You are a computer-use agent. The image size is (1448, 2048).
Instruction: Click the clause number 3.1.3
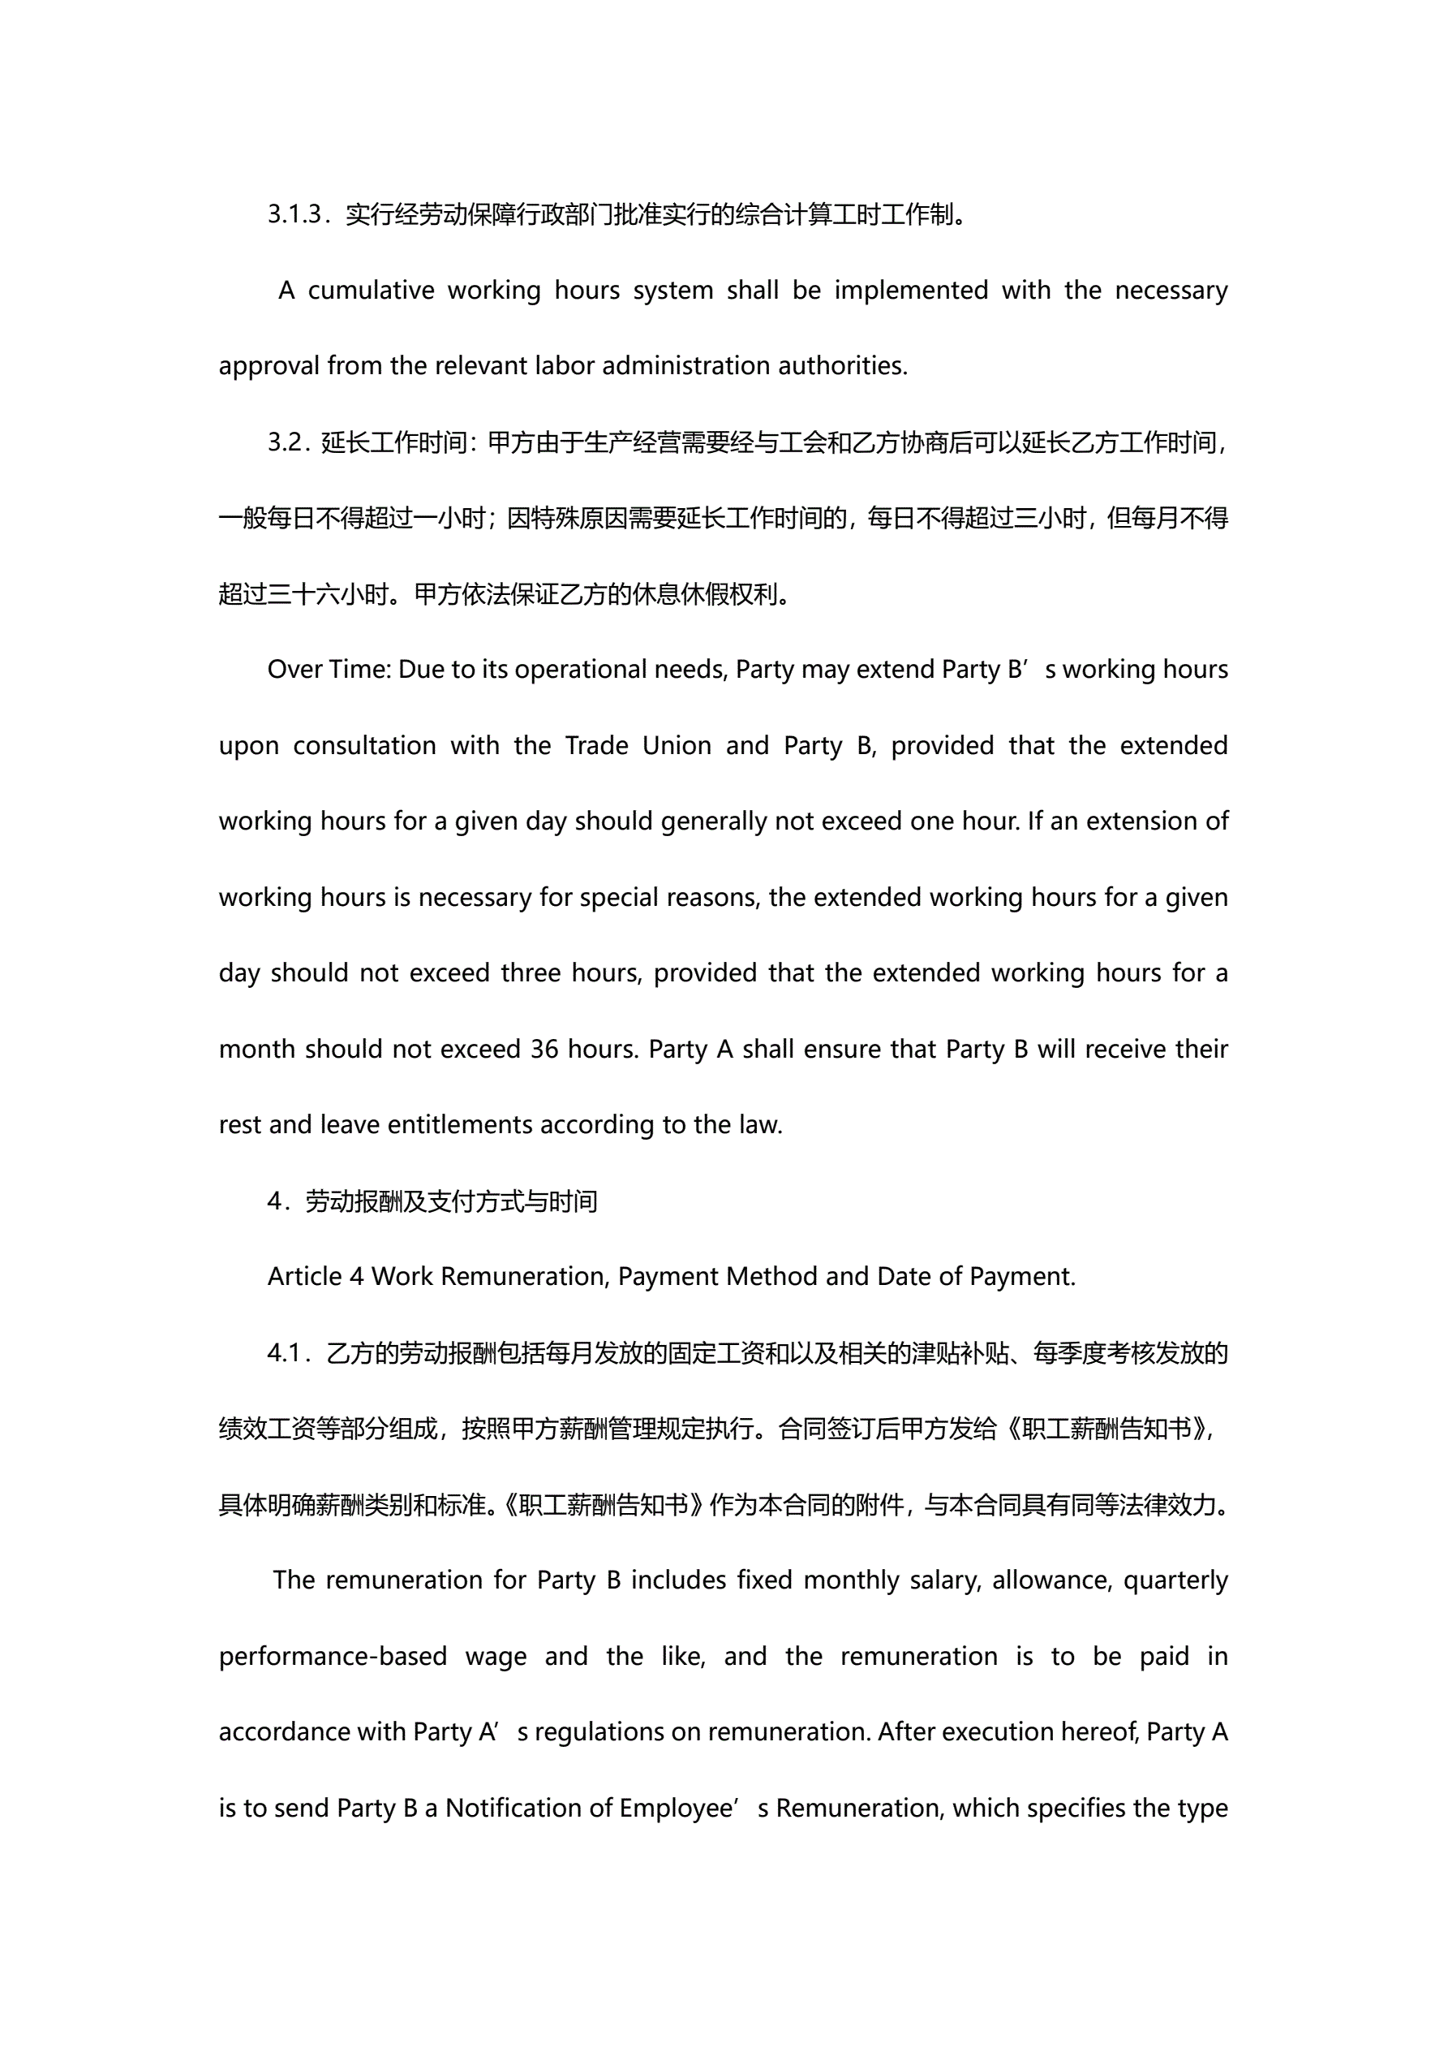pyautogui.click(x=294, y=215)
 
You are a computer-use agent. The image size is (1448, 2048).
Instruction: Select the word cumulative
pyautogui.click(x=371, y=291)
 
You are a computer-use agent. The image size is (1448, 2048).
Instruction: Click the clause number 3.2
pyautogui.click(x=287, y=442)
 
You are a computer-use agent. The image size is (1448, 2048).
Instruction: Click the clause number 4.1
pyautogui.click(x=286, y=1353)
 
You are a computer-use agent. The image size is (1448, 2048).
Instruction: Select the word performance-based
pyautogui.click(x=333, y=1657)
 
